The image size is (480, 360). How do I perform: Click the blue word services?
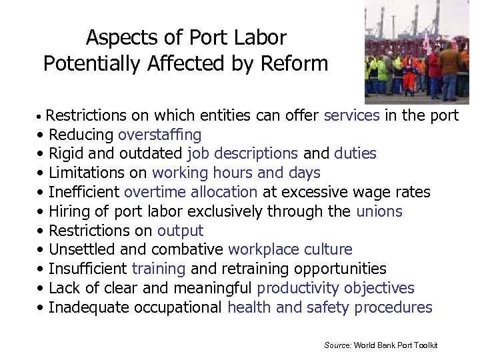pyautogui.click(x=351, y=115)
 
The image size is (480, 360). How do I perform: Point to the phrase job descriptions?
pyautogui.click(x=243, y=154)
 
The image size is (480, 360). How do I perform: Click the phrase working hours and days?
pyautogui.click(x=236, y=173)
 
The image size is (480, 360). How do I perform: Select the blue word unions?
pyautogui.click(x=379, y=212)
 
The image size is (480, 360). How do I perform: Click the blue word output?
pyautogui.click(x=180, y=231)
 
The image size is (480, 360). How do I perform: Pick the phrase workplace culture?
pyautogui.click(x=290, y=250)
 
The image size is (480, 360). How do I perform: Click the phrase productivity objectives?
pyautogui.click(x=335, y=289)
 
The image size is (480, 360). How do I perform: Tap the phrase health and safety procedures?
pyautogui.click(x=329, y=308)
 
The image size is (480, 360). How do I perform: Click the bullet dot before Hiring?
pyautogui.click(x=42, y=213)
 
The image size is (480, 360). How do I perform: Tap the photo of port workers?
pyautogui.click(x=417, y=52)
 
